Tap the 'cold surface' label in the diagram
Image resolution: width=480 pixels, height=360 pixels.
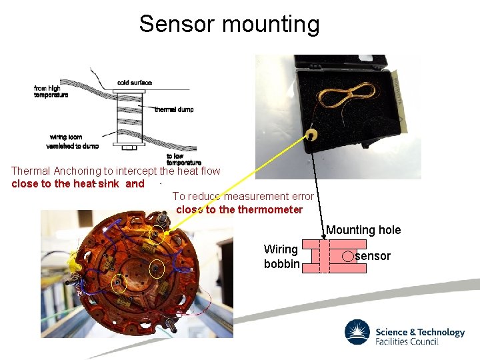click(x=135, y=83)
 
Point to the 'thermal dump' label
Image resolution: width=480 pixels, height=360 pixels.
click(x=174, y=109)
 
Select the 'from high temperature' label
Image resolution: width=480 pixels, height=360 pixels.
click(x=51, y=91)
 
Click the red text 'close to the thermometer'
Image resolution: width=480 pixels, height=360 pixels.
click(x=239, y=209)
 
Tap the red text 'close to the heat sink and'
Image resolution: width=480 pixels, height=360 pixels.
click(x=78, y=183)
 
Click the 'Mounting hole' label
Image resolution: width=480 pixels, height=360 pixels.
click(x=363, y=230)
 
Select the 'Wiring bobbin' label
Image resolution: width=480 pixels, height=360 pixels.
click(x=281, y=256)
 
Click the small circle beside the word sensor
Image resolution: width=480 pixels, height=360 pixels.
click(x=348, y=256)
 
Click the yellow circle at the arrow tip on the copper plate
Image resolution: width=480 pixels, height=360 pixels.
click(x=157, y=232)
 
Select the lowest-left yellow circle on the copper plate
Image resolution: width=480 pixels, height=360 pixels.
click(x=118, y=284)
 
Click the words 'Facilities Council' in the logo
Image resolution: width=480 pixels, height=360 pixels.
click(x=407, y=341)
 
